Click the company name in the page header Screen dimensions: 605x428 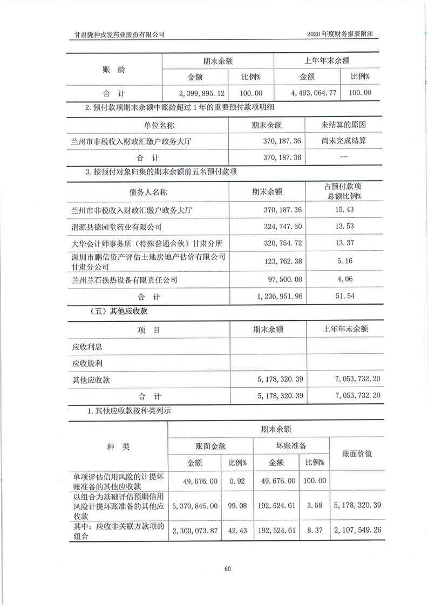[x=119, y=35]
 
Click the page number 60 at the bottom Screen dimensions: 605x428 [x=227, y=569]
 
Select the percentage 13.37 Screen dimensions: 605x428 [x=344, y=244]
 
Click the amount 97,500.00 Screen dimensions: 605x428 [x=283, y=280]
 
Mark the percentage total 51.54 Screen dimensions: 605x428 [x=344, y=297]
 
